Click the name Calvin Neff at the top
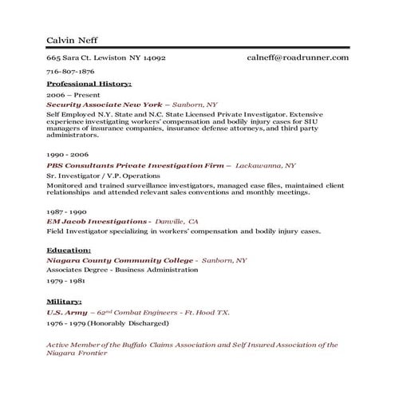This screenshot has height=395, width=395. pyautogui.click(x=73, y=40)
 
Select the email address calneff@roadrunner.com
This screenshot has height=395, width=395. pyautogui.click(x=298, y=57)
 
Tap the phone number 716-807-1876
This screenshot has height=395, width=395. pyautogui.click(x=70, y=71)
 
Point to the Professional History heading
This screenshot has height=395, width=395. pyautogui.click(x=89, y=83)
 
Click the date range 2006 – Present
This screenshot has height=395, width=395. pyautogui.click(x=68, y=94)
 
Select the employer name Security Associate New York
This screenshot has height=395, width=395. pyautogui.click(x=105, y=105)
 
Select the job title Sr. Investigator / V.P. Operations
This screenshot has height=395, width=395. pyautogui.click(x=103, y=176)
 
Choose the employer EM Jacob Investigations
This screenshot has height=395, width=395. pyautogui.click(x=98, y=220)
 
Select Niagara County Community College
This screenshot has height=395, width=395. pyautogui.click(x=120, y=260)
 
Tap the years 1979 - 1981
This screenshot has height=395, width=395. pyautogui.click(x=65, y=281)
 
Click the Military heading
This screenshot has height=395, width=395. pyautogui.click(x=64, y=302)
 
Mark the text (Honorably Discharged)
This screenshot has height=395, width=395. pyautogui.click(x=128, y=323)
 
